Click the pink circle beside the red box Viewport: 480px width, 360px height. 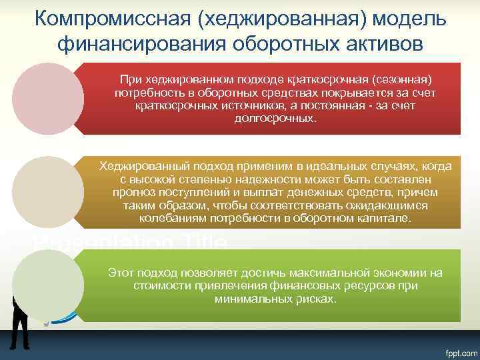click(x=49, y=99)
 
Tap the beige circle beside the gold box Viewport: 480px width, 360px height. click(x=49, y=192)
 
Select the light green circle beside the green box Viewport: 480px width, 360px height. click(x=49, y=285)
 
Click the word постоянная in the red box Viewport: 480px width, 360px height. click(x=338, y=105)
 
